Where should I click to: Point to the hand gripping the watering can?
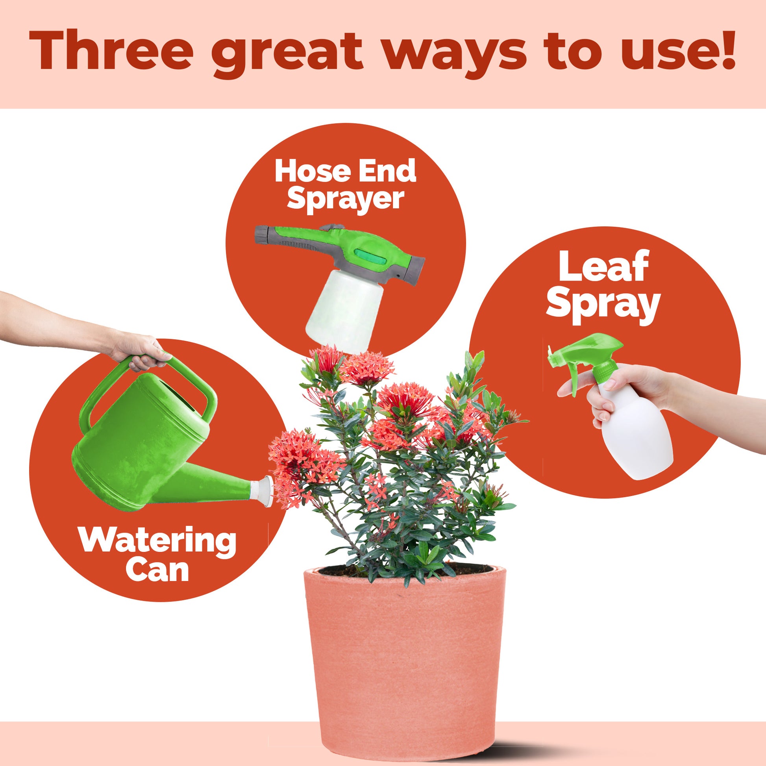[x=141, y=353]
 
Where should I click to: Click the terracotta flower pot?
[x=404, y=662]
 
